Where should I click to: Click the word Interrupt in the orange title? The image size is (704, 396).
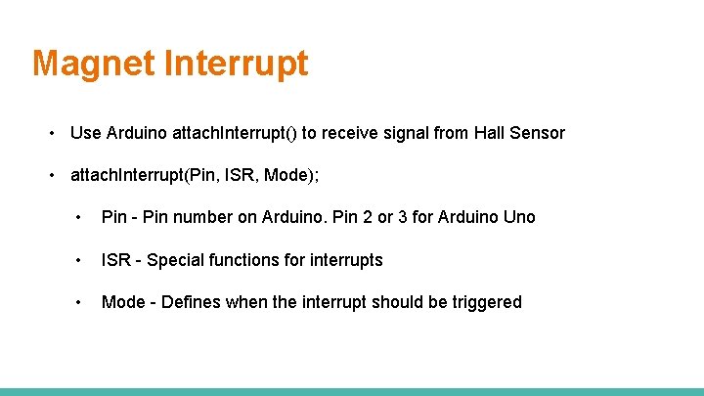point(236,64)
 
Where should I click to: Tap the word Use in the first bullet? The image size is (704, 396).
point(86,133)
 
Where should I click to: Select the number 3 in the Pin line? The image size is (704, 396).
point(403,217)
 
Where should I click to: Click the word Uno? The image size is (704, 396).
point(519,217)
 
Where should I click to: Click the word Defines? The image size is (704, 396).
point(191,302)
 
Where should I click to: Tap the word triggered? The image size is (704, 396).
point(487,302)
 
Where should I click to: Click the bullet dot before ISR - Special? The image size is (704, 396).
point(77,260)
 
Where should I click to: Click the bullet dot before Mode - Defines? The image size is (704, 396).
point(77,302)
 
